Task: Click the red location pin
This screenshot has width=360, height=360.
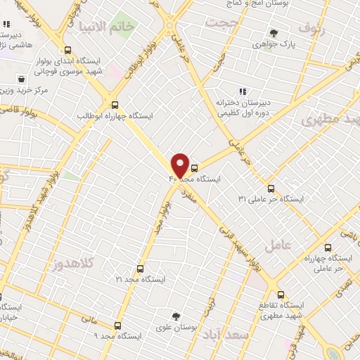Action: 180,165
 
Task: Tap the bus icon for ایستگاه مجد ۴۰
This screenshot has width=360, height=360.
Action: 195,167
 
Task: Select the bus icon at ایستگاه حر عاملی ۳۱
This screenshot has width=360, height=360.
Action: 271,188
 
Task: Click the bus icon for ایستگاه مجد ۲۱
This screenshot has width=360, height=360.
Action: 140,269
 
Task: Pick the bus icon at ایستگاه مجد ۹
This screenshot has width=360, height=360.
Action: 117,326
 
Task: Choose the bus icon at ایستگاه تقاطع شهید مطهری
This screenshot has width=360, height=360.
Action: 281,295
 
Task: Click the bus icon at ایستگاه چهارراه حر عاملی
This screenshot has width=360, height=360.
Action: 328,247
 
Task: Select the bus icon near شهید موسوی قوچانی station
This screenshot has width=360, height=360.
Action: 67,50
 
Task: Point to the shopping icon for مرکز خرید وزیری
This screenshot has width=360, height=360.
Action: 21,79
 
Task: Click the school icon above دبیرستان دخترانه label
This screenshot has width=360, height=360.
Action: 243,91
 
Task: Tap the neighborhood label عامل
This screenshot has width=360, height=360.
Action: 278,245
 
